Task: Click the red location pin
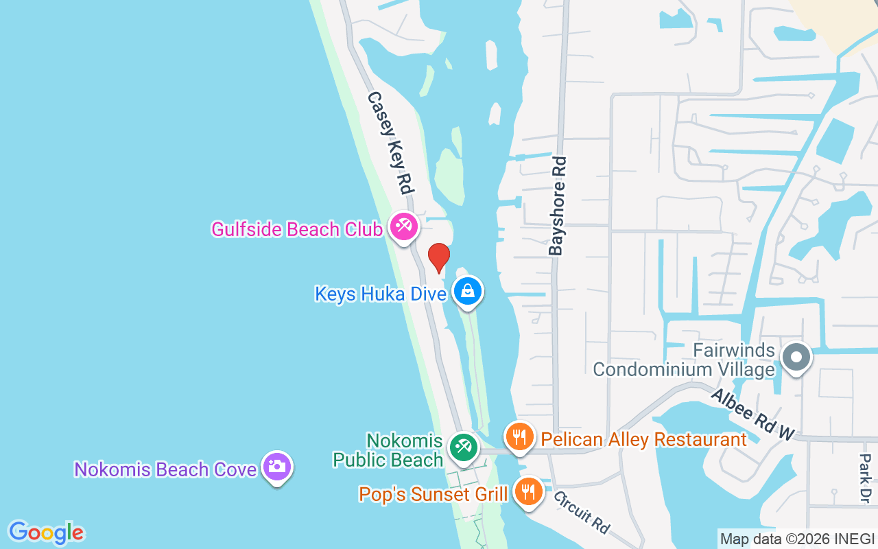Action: click(x=438, y=257)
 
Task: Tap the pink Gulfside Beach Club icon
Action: click(x=403, y=226)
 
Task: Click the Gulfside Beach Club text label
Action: click(x=296, y=229)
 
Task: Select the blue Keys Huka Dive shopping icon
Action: click(x=468, y=291)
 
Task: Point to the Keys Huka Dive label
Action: click(x=381, y=294)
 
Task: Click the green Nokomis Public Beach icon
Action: click(x=463, y=447)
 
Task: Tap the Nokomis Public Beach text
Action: click(x=388, y=450)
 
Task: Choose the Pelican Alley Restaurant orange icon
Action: click(x=519, y=436)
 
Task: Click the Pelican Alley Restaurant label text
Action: click(x=643, y=439)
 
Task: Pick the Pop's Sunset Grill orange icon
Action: click(x=527, y=491)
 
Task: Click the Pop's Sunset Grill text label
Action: click(x=434, y=494)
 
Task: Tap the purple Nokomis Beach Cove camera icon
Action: click(x=277, y=467)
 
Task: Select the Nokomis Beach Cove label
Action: click(x=166, y=470)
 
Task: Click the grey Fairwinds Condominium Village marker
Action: click(x=796, y=357)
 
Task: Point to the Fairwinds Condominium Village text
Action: click(x=683, y=360)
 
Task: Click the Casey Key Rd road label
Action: click(x=392, y=143)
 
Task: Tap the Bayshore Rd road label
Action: click(x=558, y=206)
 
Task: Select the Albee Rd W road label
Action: click(x=752, y=414)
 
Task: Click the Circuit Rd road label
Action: click(x=582, y=511)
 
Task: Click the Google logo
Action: click(x=46, y=533)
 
